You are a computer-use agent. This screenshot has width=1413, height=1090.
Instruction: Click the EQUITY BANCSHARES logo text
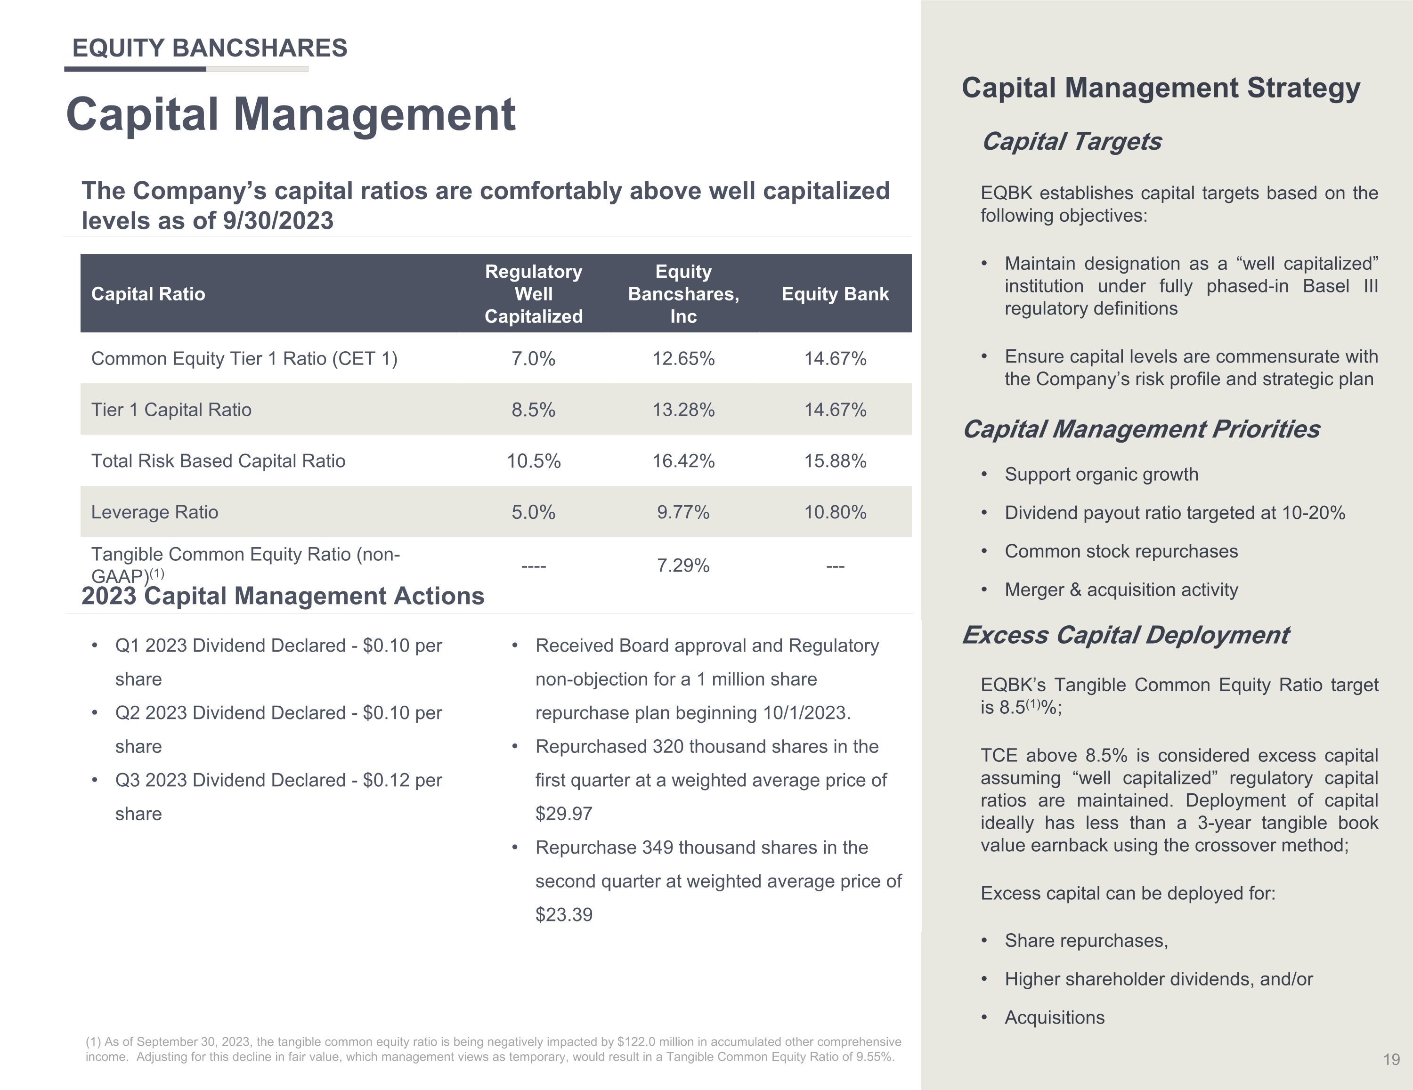tap(210, 48)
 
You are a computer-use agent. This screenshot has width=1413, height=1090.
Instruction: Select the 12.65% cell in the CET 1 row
tap(683, 358)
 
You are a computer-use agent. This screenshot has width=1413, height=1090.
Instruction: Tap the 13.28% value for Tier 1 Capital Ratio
tap(683, 410)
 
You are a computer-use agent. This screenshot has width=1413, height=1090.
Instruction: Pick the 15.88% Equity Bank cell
tap(835, 460)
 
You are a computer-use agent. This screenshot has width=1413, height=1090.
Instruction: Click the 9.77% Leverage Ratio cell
tap(683, 512)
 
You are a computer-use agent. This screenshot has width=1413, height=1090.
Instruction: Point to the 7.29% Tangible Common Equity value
tap(683, 565)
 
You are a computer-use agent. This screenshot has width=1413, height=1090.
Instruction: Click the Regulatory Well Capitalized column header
tap(534, 294)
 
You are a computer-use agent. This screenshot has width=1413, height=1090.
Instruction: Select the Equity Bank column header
tap(835, 294)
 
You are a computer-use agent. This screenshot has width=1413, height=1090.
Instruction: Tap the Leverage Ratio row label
tap(154, 512)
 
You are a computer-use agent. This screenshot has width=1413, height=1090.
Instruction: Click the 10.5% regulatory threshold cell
tap(534, 460)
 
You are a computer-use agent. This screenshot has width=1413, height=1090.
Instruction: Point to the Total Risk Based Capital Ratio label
tap(218, 460)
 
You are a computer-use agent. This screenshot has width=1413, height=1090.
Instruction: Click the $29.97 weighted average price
tap(563, 813)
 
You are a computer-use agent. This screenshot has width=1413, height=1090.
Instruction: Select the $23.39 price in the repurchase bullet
tap(563, 914)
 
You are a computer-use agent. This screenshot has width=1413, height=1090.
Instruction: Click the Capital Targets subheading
tap(1072, 141)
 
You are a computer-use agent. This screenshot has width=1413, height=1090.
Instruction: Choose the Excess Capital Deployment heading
tap(1126, 635)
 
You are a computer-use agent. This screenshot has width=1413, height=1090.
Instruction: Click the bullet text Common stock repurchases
tap(1121, 551)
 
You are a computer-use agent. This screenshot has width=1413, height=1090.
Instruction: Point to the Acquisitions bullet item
tap(1055, 1017)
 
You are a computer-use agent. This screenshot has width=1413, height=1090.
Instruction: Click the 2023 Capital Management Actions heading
tap(283, 596)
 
